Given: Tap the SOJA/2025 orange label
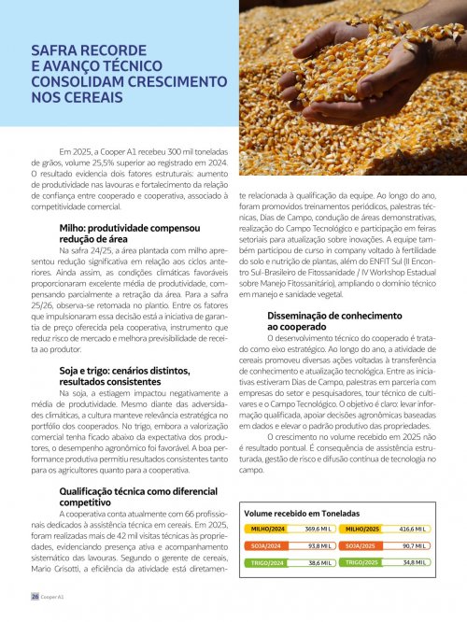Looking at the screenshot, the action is coord(360,545).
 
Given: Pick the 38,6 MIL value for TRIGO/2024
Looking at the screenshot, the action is coord(321,563).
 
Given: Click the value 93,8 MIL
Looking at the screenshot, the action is coord(321,545).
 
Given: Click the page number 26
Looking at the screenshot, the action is coord(34,595).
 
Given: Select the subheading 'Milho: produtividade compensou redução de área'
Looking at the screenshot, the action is coord(128,233).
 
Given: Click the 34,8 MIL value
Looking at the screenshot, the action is coord(413,563).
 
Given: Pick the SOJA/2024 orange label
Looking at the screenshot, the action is coord(268,545).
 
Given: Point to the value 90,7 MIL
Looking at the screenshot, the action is coord(413,545).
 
